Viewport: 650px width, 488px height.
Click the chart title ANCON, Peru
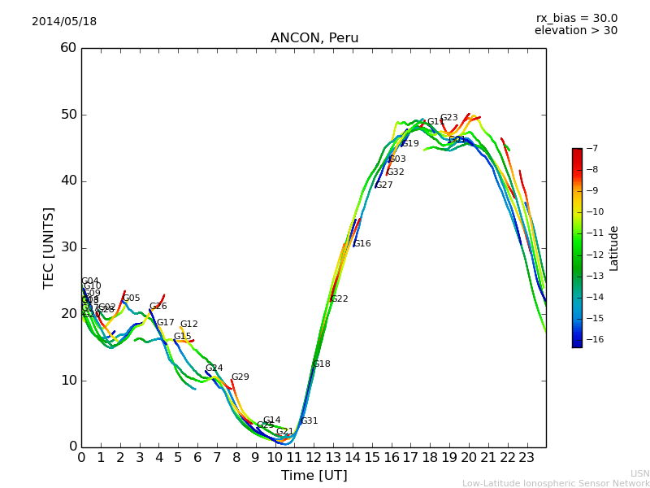pyautogui.click(x=314, y=38)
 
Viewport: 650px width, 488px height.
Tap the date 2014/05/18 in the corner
pyautogui.click(x=64, y=22)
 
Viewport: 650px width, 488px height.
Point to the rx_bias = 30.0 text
pyautogui.click(x=576, y=19)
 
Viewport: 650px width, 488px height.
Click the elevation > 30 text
pyautogui.click(x=575, y=31)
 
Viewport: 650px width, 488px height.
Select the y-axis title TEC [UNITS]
pyautogui.click(x=50, y=247)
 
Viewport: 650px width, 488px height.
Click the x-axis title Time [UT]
pyautogui.click(x=314, y=476)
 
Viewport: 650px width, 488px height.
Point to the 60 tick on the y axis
pyautogui.click(x=67, y=48)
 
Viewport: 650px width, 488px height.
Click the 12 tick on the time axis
pyautogui.click(x=314, y=458)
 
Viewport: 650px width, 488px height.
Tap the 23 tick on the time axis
pyautogui.click(x=526, y=458)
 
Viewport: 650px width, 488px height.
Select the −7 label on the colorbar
pyautogui.click(x=591, y=149)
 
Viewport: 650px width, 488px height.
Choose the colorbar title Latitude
pyautogui.click(x=614, y=248)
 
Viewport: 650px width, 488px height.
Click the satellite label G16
pyautogui.click(x=362, y=244)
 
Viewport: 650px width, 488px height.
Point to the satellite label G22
pyautogui.click(x=339, y=299)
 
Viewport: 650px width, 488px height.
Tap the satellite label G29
pyautogui.click(x=240, y=377)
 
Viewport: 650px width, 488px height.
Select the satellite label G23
pyautogui.click(x=448, y=118)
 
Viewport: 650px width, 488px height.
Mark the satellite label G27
pyautogui.click(x=383, y=185)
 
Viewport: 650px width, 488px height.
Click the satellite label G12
pyautogui.click(x=188, y=325)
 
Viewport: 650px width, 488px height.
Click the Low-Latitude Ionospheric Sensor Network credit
pyautogui.click(x=556, y=484)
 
